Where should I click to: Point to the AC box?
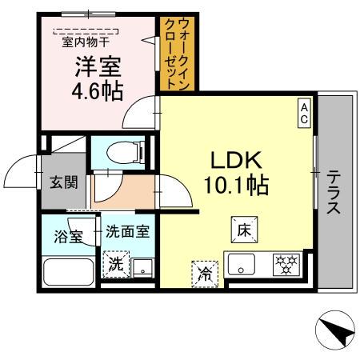tap(305, 111)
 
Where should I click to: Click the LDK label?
tap(234, 160)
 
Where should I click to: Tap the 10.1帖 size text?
tap(234, 186)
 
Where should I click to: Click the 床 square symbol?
tap(244, 229)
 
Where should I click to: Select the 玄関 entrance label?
tap(65, 182)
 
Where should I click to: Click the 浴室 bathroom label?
tap(66, 237)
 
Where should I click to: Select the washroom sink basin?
tap(142, 267)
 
